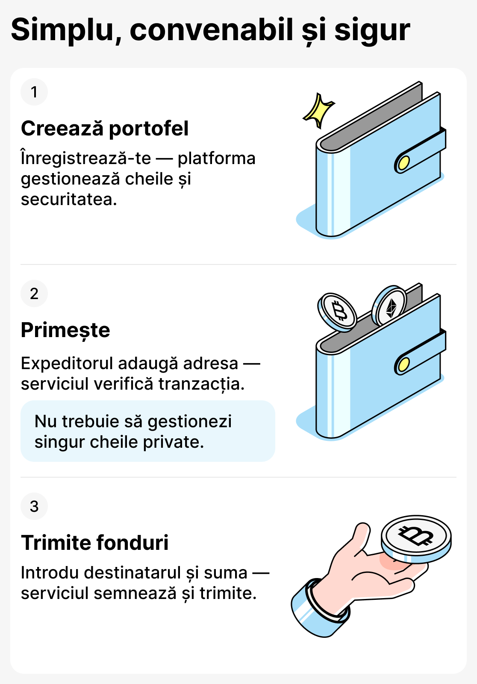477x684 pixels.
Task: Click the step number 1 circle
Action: pyautogui.click(x=34, y=92)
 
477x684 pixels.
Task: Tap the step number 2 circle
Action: pyautogui.click(x=34, y=294)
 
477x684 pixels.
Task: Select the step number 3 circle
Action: pyautogui.click(x=34, y=506)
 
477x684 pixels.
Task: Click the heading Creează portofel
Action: pyautogui.click(x=105, y=129)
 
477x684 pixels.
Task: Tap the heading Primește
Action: pyautogui.click(x=65, y=330)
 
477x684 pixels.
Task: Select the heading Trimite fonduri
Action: pyautogui.click(x=95, y=543)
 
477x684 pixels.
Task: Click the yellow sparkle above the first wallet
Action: pyautogui.click(x=318, y=110)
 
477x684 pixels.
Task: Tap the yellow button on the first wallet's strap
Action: pyautogui.click(x=403, y=163)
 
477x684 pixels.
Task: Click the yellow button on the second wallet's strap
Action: pyautogui.click(x=403, y=364)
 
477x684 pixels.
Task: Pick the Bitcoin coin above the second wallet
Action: pyautogui.click(x=338, y=312)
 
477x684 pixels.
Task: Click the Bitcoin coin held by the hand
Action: pyautogui.click(x=416, y=537)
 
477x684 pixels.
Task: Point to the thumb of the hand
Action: pyautogui.click(x=360, y=538)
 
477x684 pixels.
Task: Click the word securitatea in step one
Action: pyautogui.click(x=69, y=200)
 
